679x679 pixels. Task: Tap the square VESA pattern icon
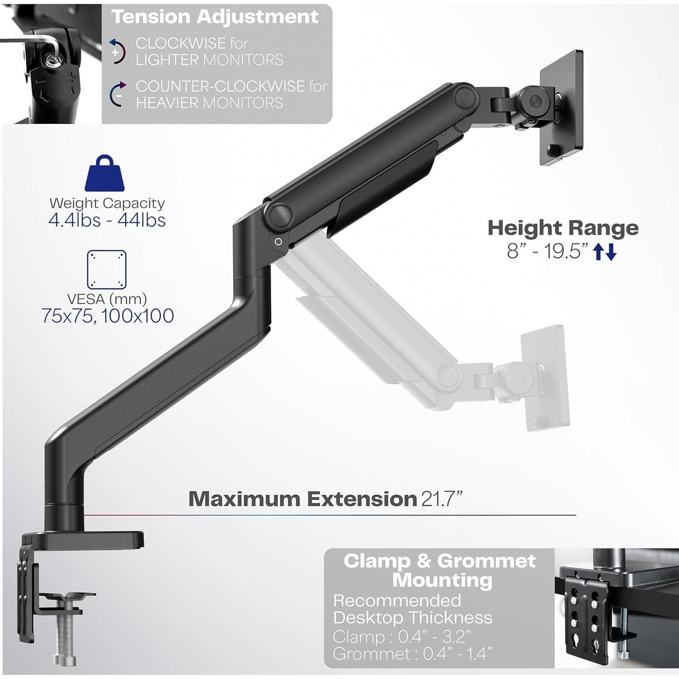pyautogui.click(x=106, y=270)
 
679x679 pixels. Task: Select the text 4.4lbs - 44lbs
pyautogui.click(x=107, y=220)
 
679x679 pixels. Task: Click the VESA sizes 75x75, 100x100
pyautogui.click(x=108, y=316)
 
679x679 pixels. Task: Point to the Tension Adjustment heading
pyautogui.click(x=215, y=17)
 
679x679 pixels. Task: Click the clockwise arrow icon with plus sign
pyautogui.click(x=117, y=51)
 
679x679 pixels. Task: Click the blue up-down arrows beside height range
pyautogui.click(x=605, y=252)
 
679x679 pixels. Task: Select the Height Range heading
pyautogui.click(x=563, y=228)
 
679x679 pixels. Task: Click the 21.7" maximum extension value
pyautogui.click(x=442, y=499)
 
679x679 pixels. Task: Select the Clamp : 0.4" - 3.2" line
pyautogui.click(x=402, y=637)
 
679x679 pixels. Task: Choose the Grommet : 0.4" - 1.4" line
pyautogui.click(x=412, y=654)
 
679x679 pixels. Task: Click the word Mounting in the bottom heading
pyautogui.click(x=442, y=580)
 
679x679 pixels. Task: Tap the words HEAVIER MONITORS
pyautogui.click(x=209, y=103)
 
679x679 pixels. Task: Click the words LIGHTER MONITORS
pyautogui.click(x=209, y=60)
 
